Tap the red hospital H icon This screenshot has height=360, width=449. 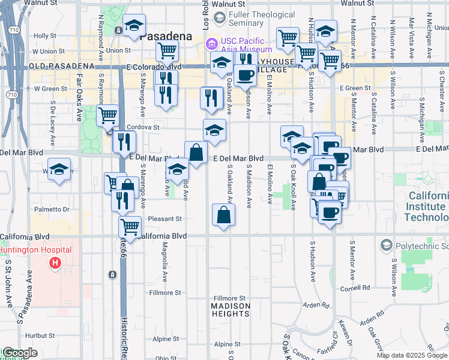[55, 262]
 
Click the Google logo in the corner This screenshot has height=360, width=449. [19, 353]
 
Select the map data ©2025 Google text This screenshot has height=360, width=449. [412, 355]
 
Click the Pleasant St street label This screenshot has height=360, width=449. [164, 220]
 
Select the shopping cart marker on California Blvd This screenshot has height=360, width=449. [130, 227]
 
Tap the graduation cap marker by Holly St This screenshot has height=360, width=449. [134, 25]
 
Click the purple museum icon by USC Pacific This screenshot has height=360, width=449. [211, 43]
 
